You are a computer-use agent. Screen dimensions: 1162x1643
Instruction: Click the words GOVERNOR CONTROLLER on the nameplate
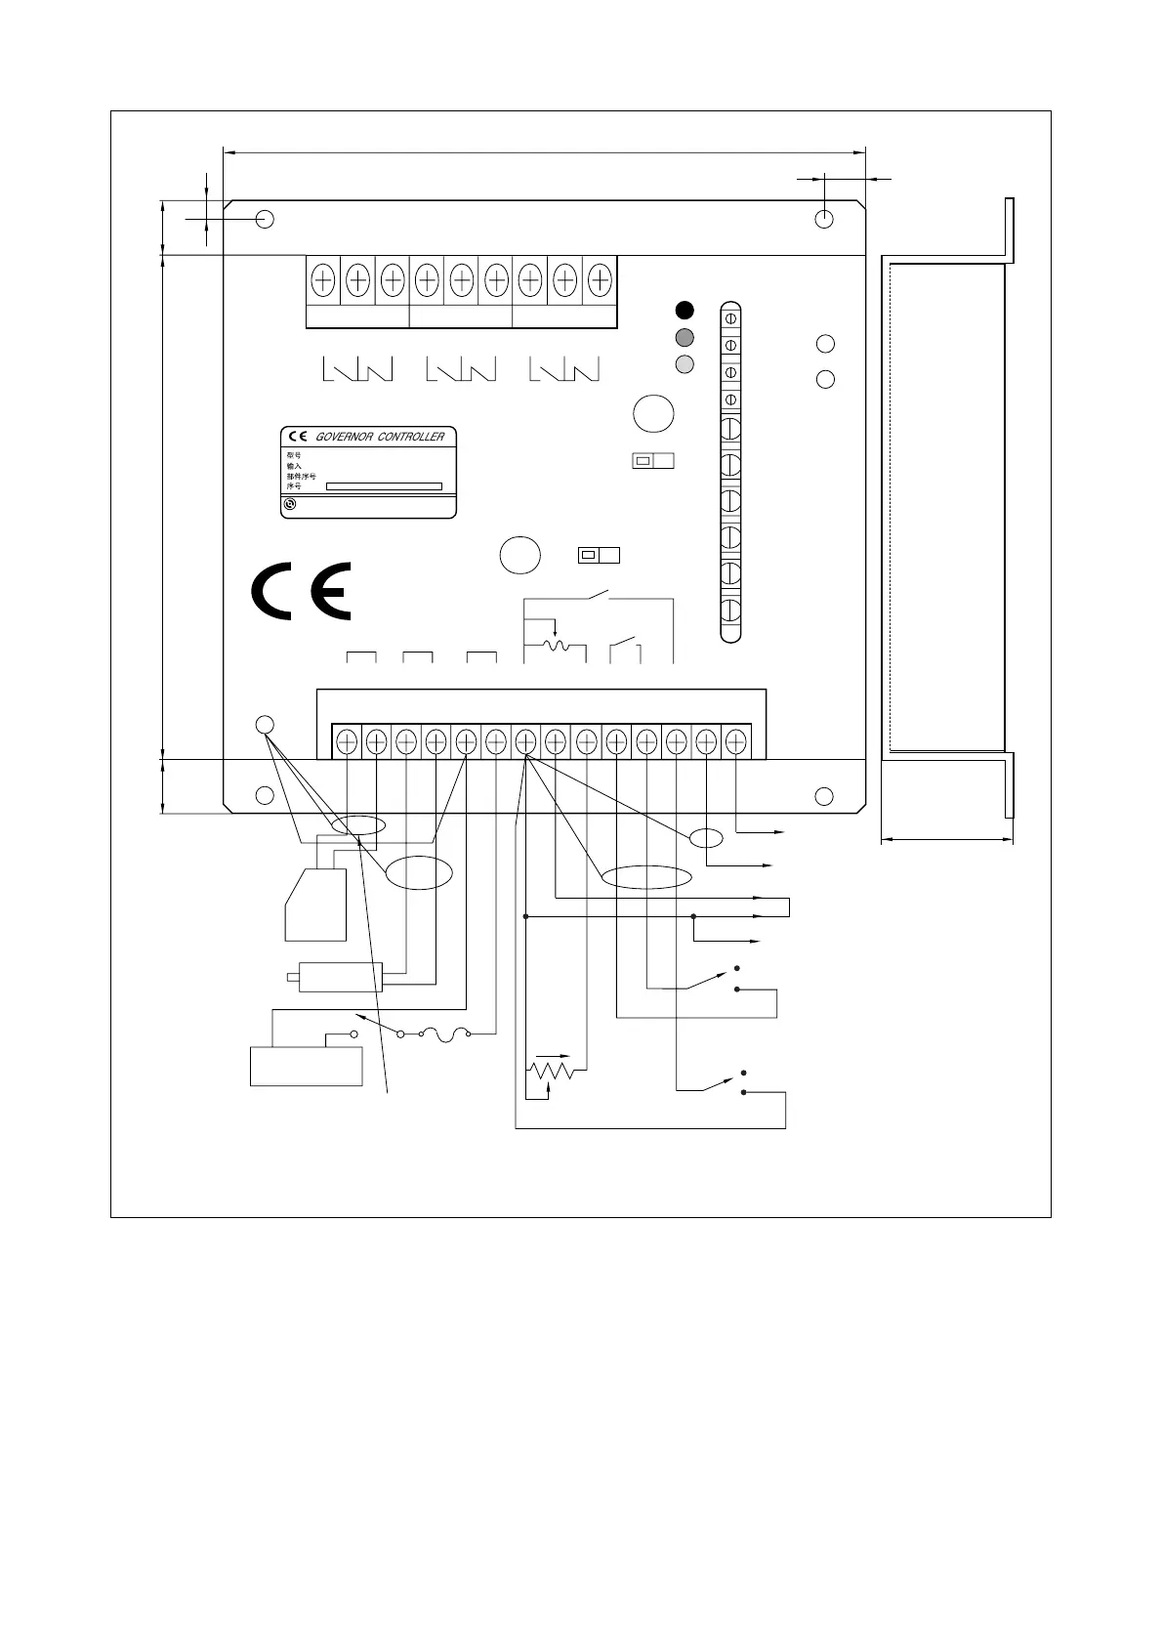click(x=380, y=437)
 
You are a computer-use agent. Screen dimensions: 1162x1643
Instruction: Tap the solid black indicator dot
click(x=685, y=311)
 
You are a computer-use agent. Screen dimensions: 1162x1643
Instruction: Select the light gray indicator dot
click(x=685, y=364)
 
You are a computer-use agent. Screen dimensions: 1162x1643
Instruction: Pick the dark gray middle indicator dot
click(x=685, y=338)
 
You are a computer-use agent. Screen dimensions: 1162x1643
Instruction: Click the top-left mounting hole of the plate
click(x=265, y=219)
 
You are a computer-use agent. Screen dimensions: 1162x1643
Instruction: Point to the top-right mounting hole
click(x=825, y=219)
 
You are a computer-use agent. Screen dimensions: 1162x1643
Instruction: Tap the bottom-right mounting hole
click(x=825, y=795)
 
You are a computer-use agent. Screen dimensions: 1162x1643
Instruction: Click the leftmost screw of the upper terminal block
click(x=323, y=280)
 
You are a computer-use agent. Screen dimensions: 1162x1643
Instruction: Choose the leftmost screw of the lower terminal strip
click(x=347, y=742)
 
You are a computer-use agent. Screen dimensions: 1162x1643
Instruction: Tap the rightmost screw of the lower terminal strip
click(x=735, y=742)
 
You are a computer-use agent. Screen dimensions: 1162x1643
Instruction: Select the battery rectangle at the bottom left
click(x=307, y=1066)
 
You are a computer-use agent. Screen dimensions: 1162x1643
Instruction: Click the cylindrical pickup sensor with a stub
click(x=338, y=976)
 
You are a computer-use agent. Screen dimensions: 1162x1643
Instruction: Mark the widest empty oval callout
click(x=645, y=877)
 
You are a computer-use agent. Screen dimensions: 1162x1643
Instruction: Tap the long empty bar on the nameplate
click(x=384, y=486)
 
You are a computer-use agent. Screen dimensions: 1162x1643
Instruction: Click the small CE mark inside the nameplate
click(x=297, y=437)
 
